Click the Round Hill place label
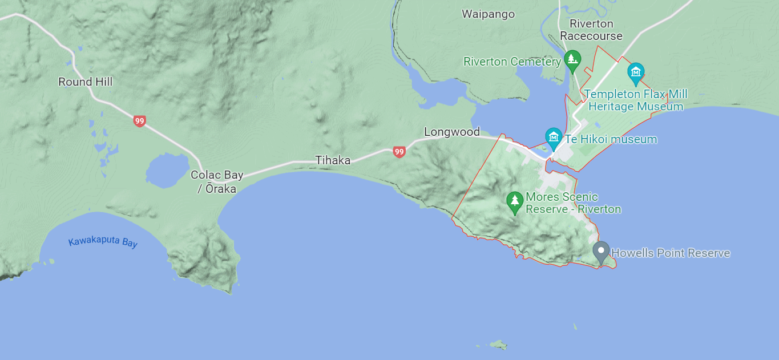pos(85,82)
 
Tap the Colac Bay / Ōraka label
pos(217,181)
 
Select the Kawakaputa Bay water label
pos(103,242)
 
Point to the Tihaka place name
pos(333,160)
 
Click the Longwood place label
pos(451,132)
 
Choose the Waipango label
pos(488,14)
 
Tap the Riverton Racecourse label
pos(591,30)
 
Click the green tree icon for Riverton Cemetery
pos(572,59)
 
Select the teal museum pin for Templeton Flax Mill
pos(635,72)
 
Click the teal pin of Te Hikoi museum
pos(553,137)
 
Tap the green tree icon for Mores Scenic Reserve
pos(515,201)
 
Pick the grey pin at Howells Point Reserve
pos(600,251)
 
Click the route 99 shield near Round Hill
pos(139,121)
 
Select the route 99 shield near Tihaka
pos(399,152)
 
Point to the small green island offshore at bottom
pos(498,344)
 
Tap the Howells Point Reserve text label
pos(671,253)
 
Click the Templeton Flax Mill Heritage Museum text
pos(635,100)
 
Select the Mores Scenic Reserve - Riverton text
pos(572,203)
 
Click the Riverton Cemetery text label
pos(512,62)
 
